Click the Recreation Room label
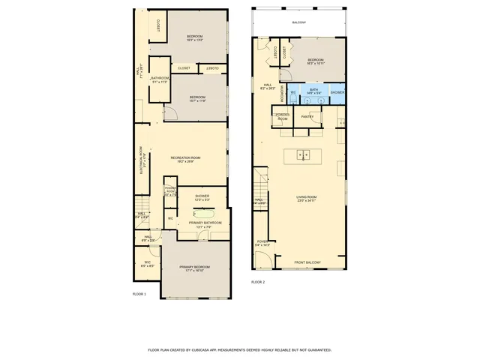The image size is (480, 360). [x=182, y=159]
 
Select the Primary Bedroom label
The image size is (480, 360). [x=193, y=268]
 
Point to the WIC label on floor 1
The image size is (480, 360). [x=148, y=263]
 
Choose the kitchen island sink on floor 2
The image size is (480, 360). [x=304, y=155]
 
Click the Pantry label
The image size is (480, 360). [x=307, y=117]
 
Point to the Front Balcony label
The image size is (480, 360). [x=307, y=262]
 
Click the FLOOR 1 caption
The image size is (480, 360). [x=139, y=294]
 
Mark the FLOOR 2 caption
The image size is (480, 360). [x=258, y=282]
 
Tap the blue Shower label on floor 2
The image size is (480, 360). [x=337, y=92]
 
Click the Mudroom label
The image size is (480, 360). [x=282, y=92]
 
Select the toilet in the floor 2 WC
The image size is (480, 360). [x=293, y=93]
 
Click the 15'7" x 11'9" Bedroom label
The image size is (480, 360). [x=197, y=98]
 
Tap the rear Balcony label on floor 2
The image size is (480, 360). [x=299, y=22]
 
